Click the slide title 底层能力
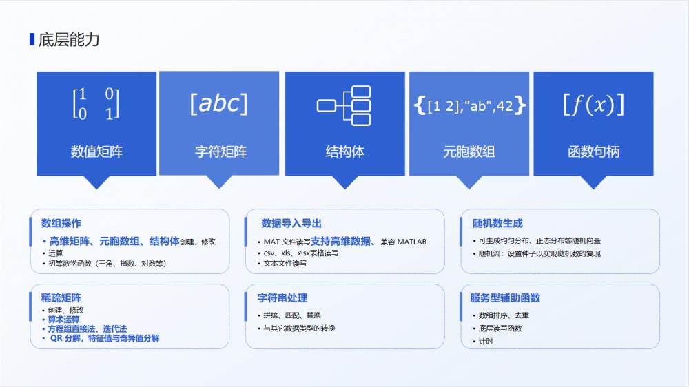pyautogui.click(x=69, y=39)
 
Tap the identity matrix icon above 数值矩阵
pyautogui.click(x=96, y=104)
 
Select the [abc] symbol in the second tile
pyautogui.click(x=218, y=103)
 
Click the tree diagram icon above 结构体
pyautogui.click(x=344, y=105)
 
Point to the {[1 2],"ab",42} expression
pyautogui.click(x=470, y=105)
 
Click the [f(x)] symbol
pyautogui.click(x=593, y=104)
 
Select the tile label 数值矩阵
pyautogui.click(x=96, y=151)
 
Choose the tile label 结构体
pyautogui.click(x=344, y=151)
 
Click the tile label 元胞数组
pyautogui.click(x=469, y=151)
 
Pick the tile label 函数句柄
pyautogui.click(x=593, y=151)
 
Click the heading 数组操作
pyautogui.click(x=61, y=223)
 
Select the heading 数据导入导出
pyautogui.click(x=291, y=223)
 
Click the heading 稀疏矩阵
pyautogui.click(x=61, y=298)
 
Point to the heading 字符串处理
pyautogui.click(x=282, y=298)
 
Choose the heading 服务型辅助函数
pyautogui.click(x=505, y=298)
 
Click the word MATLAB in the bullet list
pyautogui.click(x=412, y=242)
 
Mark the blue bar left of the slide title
pyautogui.click(x=32, y=39)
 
